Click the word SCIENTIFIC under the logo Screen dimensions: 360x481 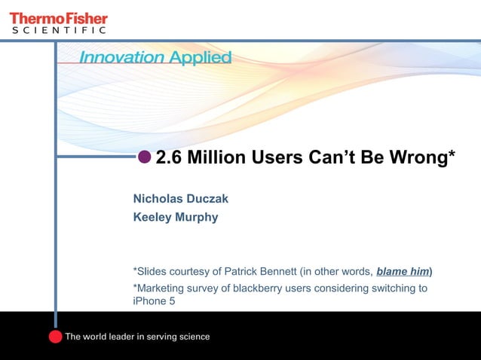(x=57, y=30)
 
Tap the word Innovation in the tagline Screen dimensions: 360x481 (x=121, y=58)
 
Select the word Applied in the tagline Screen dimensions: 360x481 (x=201, y=58)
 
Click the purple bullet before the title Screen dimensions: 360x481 (x=145, y=157)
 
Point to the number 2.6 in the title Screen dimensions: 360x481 (x=168, y=157)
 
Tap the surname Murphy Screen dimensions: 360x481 (x=198, y=218)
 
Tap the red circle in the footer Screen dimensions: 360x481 (x=55, y=336)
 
